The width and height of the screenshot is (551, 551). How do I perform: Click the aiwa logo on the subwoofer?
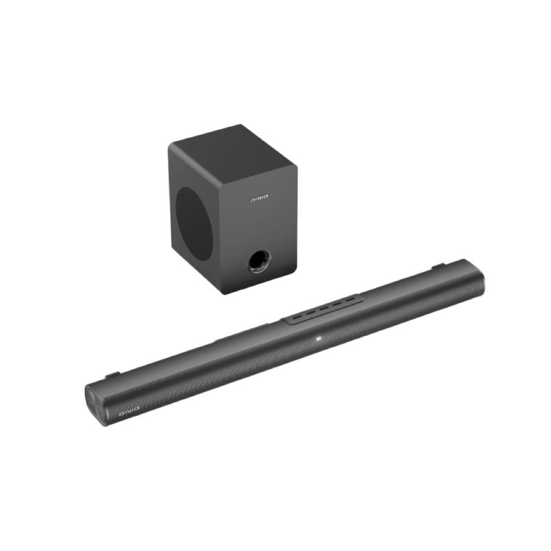[x=258, y=200]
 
